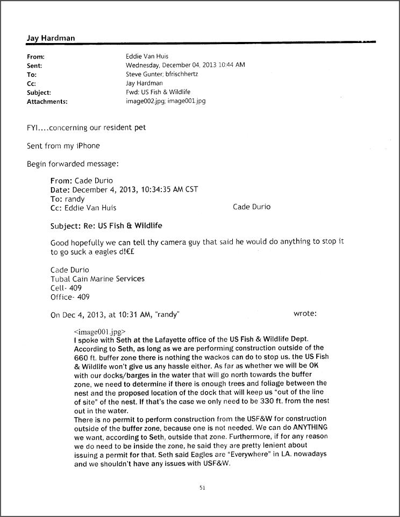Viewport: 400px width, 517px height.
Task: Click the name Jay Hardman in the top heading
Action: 51,38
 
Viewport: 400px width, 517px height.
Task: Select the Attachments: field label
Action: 47,101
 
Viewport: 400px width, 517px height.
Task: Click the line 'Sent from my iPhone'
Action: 63,146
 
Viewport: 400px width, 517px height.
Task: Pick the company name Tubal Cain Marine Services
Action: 97,279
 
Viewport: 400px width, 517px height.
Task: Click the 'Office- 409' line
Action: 70,297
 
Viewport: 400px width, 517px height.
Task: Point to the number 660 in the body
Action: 81,357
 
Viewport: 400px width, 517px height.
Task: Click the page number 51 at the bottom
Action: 202,488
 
